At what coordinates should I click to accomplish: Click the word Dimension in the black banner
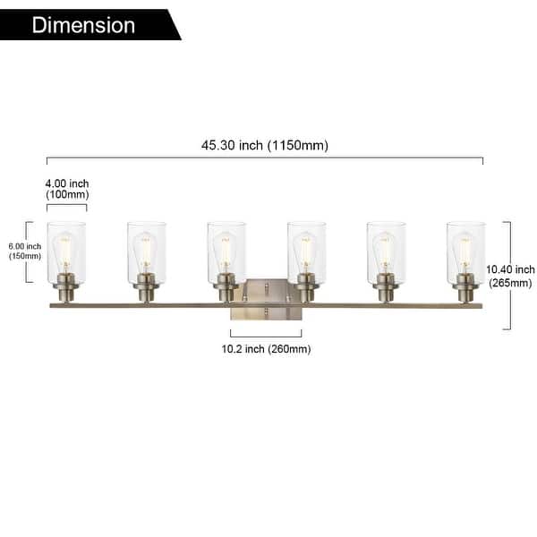coord(83,24)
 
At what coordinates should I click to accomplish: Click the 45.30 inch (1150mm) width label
coord(265,146)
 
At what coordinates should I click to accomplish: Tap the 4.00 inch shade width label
coord(67,189)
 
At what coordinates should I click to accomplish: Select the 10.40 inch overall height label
coord(510,276)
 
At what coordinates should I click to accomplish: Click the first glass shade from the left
coord(66,252)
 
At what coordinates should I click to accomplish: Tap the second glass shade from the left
coord(146,252)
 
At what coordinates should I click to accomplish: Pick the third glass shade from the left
coord(226,252)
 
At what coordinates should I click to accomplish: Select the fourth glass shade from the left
coord(306,252)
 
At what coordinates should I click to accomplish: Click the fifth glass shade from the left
coord(386,252)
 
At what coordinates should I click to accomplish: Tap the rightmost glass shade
coord(465,252)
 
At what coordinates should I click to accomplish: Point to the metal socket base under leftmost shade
coord(66,290)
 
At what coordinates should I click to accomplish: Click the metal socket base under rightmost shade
coord(465,290)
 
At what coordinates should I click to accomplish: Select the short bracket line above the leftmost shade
coord(67,206)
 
